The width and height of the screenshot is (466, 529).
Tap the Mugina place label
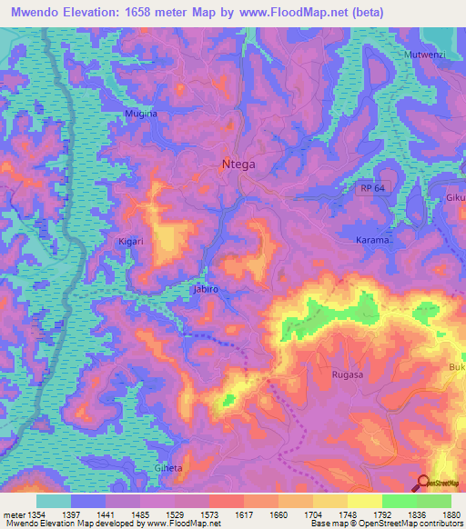(x=141, y=114)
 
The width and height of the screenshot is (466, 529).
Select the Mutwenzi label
(x=423, y=55)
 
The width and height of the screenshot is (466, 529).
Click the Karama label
(x=372, y=242)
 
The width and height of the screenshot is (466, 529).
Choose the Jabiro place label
(x=206, y=289)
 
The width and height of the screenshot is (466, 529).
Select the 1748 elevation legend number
(x=369, y=515)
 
